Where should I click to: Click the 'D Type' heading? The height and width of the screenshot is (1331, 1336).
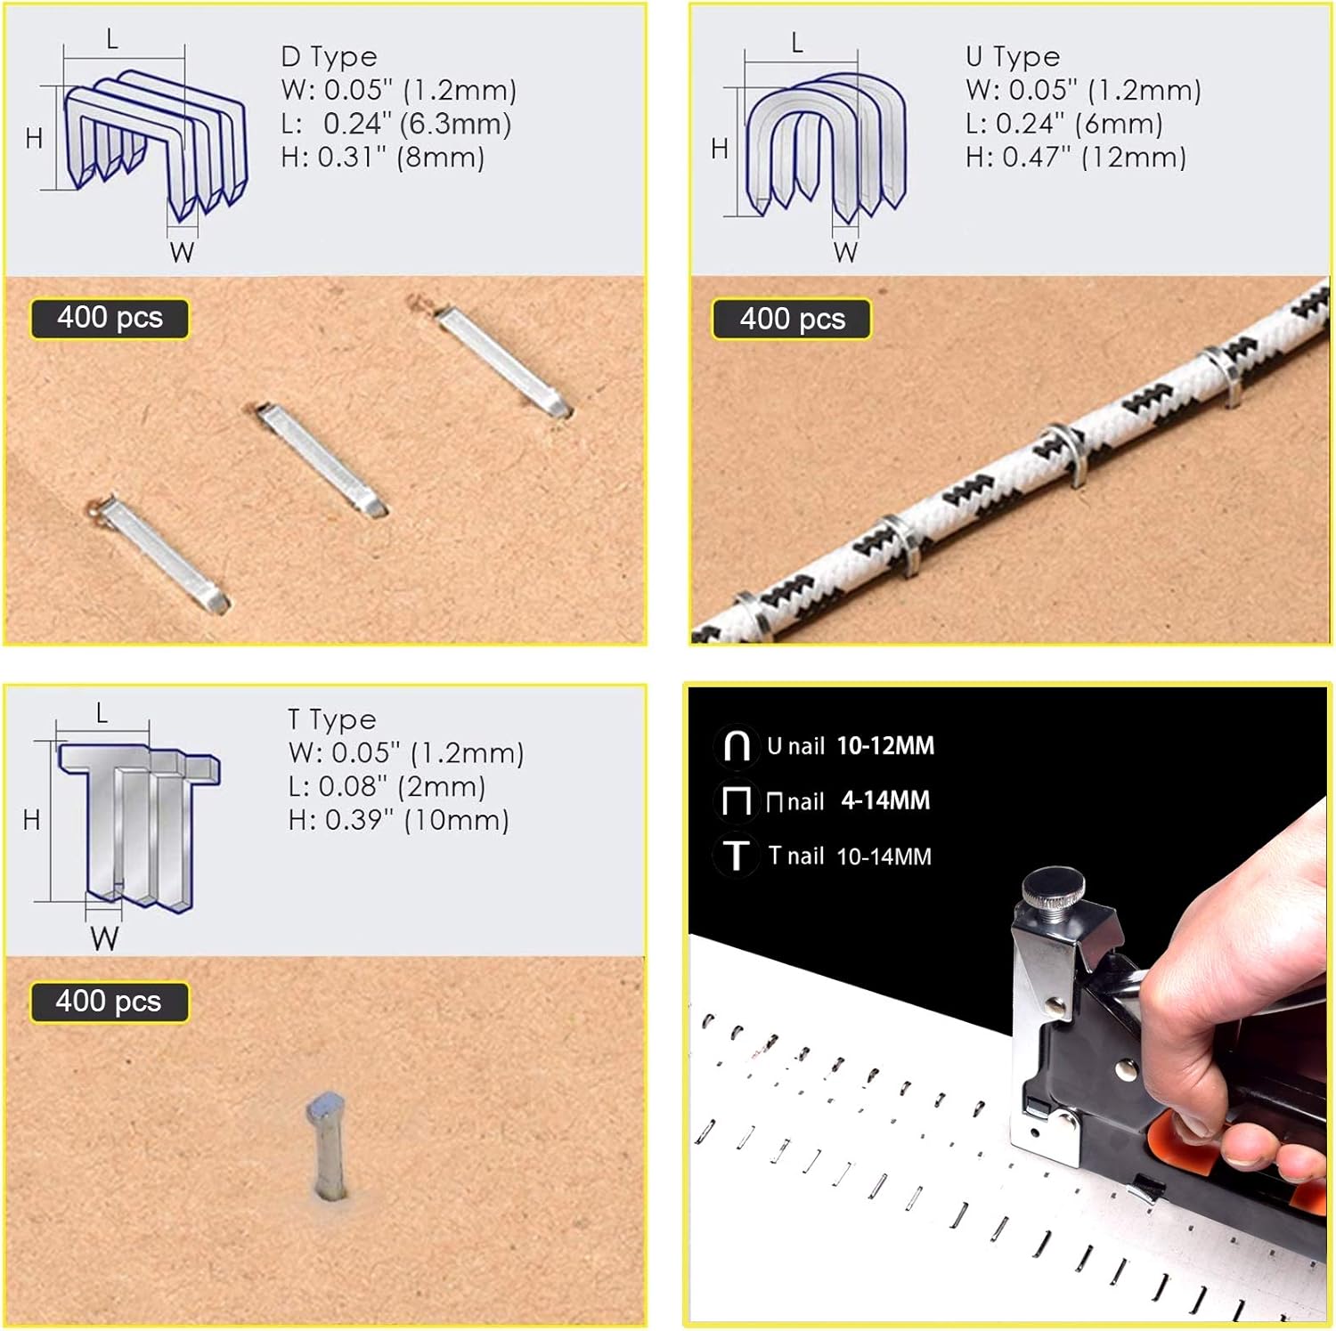tap(329, 57)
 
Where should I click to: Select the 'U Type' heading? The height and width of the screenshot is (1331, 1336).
tap(1013, 57)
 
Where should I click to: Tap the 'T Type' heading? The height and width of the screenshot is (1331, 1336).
tap(331, 719)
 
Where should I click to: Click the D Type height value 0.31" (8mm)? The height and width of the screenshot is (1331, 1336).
tap(383, 158)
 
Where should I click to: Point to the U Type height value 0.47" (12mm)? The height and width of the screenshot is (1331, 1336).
tap(1076, 158)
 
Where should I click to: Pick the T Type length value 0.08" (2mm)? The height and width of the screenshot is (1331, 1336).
tap(387, 787)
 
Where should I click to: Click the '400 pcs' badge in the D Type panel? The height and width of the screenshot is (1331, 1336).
tap(110, 318)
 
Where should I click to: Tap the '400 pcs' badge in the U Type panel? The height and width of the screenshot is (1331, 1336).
tap(792, 319)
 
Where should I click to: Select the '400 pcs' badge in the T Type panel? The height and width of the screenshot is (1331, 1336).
tap(109, 1002)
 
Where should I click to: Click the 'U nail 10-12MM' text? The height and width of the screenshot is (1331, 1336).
tap(850, 746)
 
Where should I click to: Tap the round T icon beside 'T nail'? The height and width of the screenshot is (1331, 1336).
tap(736, 856)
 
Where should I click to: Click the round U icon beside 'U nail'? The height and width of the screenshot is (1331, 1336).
tap(737, 745)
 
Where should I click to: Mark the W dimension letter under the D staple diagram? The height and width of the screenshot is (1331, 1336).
tap(182, 253)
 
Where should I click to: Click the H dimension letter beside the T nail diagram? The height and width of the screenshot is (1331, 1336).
tap(32, 820)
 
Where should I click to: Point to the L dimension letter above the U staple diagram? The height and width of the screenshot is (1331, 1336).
tap(797, 43)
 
